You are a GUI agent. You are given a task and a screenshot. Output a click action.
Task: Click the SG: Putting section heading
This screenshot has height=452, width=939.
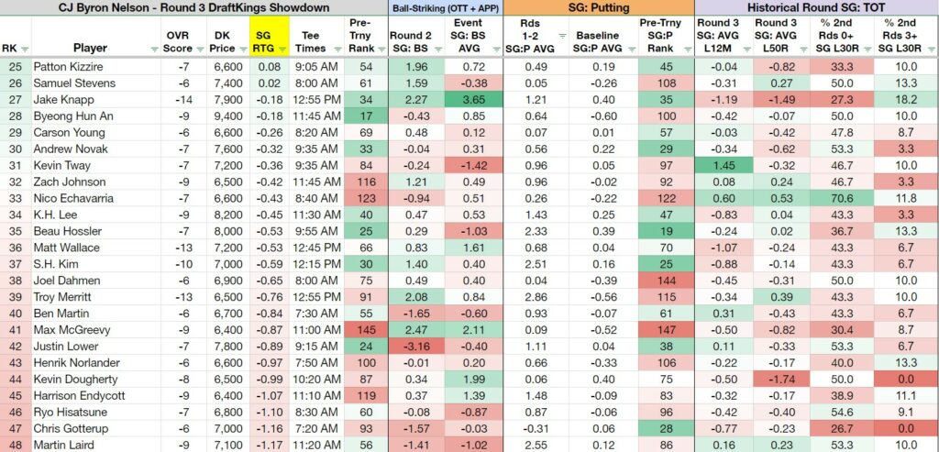point(599,7)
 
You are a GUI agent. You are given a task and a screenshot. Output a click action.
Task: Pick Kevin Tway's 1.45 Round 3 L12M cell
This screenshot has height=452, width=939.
point(721,165)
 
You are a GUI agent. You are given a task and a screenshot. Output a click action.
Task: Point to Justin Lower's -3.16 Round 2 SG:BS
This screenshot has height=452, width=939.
point(414,347)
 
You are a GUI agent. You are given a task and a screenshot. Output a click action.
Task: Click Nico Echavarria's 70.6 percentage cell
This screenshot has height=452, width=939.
point(842,198)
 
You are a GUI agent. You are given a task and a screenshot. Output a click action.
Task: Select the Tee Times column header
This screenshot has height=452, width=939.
point(311,42)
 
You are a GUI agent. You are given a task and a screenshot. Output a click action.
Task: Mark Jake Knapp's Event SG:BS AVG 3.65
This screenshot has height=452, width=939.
point(472,99)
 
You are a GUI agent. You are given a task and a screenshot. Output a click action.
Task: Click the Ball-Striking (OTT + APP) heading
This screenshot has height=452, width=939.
point(445,8)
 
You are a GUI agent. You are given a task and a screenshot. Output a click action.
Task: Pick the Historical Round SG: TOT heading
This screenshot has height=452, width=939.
point(817,7)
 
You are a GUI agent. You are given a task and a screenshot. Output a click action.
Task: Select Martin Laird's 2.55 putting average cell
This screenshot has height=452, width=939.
point(535,445)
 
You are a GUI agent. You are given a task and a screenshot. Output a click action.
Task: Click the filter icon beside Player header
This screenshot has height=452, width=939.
point(154,50)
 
